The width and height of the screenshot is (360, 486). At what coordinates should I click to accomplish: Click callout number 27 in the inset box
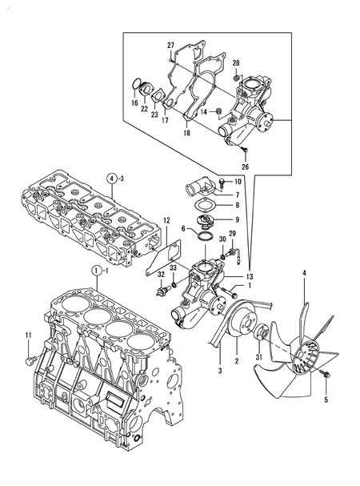click(x=170, y=44)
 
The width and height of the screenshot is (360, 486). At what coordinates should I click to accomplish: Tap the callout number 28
click(x=236, y=62)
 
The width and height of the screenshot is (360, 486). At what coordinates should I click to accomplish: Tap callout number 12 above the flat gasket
click(x=167, y=219)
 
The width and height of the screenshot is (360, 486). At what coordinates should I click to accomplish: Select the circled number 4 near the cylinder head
click(x=113, y=177)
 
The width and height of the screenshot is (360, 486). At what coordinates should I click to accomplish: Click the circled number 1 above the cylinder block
click(x=95, y=271)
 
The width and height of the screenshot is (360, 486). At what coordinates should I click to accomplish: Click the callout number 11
click(x=27, y=335)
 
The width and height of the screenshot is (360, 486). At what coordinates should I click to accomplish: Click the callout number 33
click(x=173, y=268)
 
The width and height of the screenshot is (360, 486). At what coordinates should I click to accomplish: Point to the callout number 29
click(x=233, y=233)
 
